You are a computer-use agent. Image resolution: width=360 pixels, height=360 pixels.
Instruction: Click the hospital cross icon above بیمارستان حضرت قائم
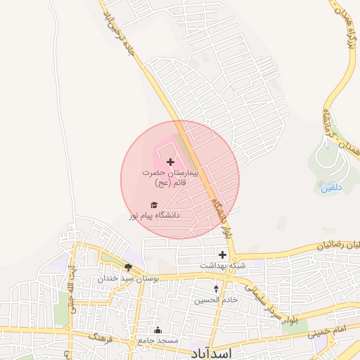[x=169, y=162]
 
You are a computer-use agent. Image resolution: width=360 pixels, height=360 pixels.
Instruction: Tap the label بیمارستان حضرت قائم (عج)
[x=170, y=176]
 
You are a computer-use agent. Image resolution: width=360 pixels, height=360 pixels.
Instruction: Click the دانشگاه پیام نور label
[x=154, y=214]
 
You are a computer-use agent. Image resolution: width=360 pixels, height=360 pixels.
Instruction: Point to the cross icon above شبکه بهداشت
[x=223, y=255]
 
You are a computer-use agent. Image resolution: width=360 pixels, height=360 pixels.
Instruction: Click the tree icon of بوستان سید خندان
[x=128, y=267]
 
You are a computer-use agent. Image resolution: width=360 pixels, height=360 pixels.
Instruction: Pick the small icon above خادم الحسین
[x=216, y=289]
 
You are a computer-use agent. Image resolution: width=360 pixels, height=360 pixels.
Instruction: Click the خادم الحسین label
[x=216, y=300]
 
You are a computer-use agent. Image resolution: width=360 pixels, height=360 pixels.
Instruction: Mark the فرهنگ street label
[x=98, y=337]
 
